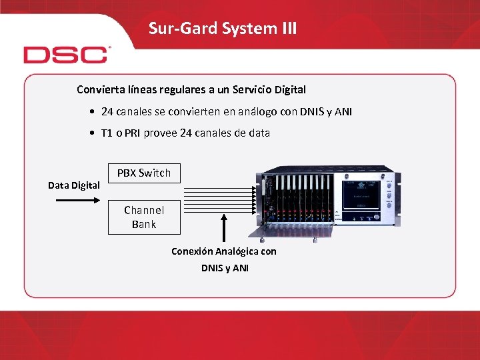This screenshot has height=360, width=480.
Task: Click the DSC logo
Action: pyautogui.click(x=66, y=55)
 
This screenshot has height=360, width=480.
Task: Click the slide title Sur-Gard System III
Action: pyautogui.click(x=223, y=29)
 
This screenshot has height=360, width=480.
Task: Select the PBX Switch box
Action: pyautogui.click(x=144, y=173)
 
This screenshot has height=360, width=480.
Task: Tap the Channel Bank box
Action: pyautogui.click(x=144, y=217)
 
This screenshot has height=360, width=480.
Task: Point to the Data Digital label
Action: pyautogui.click(x=74, y=185)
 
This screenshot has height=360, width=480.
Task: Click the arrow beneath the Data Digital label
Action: pyautogui.click(x=74, y=198)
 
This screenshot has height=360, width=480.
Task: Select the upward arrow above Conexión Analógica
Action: pyautogui.click(x=224, y=227)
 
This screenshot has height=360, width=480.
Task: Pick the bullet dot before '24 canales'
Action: pyautogui.click(x=91, y=112)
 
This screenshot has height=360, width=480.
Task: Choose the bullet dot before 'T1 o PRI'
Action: pyautogui.click(x=91, y=133)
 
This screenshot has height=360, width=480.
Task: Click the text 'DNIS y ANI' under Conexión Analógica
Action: pyautogui.click(x=225, y=268)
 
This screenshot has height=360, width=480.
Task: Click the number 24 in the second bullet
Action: pyautogui.click(x=187, y=133)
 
